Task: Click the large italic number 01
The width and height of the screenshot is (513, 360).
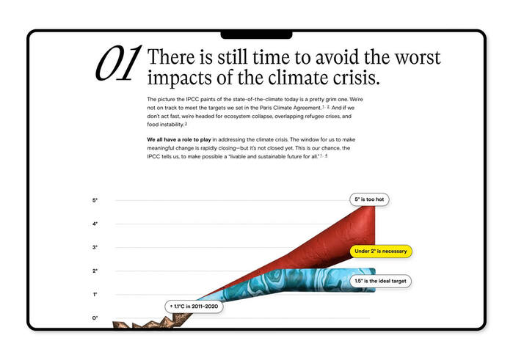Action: coord(118,64)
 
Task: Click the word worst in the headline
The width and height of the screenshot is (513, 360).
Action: coord(418,57)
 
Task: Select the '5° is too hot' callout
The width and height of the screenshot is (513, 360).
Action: coord(369,199)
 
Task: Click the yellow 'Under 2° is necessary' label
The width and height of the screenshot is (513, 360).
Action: coord(381,251)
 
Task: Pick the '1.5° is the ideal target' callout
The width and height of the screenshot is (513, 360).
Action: coord(380,281)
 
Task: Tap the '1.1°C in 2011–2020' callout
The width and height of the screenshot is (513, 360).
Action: coord(194,306)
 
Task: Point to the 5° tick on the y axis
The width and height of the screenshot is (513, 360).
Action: coord(95,200)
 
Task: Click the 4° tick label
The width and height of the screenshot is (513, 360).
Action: coord(95,224)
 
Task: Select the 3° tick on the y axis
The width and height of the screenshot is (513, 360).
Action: coord(95,248)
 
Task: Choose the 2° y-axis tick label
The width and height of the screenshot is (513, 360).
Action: coord(95,271)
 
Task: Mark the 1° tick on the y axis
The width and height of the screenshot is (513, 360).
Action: coord(95,295)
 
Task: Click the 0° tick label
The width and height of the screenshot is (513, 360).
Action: coord(95,317)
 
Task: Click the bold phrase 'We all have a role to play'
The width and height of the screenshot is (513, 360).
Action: coord(179,139)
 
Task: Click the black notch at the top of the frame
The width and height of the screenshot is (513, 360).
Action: coord(257,35)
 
